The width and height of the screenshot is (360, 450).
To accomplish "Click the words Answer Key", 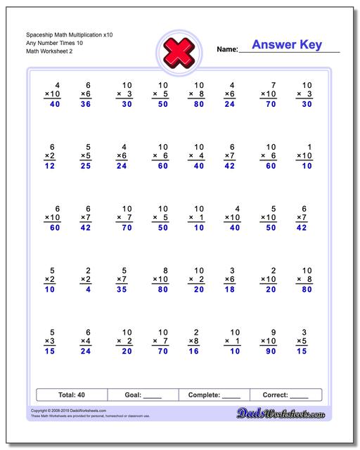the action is tap(286, 45).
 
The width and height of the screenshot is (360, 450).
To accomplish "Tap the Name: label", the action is tap(227, 50).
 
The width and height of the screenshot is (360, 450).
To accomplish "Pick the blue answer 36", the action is tap(86, 105).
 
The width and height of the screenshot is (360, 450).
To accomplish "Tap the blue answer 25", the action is tap(86, 167).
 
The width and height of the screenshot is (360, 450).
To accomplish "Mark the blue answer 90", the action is tap(268, 351).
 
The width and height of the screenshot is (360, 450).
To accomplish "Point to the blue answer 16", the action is tap(195, 351).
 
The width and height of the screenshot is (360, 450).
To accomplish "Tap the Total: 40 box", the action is tap(71, 395).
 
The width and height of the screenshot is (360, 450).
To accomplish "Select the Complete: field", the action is tap(214, 395).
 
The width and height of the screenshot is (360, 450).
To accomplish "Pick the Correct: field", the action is tap(285, 395).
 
